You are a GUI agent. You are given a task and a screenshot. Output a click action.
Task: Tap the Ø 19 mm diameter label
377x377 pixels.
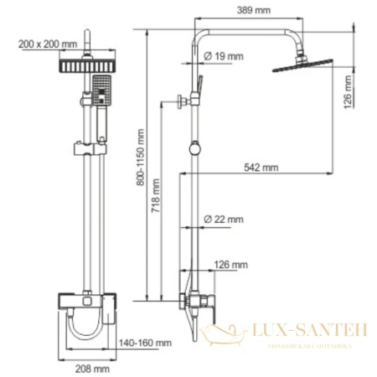point(224,57)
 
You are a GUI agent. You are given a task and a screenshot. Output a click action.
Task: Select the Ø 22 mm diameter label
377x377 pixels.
point(224,220)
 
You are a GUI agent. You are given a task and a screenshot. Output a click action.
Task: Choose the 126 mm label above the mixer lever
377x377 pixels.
point(235,265)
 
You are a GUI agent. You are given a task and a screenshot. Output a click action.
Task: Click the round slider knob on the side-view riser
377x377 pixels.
point(194,151)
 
